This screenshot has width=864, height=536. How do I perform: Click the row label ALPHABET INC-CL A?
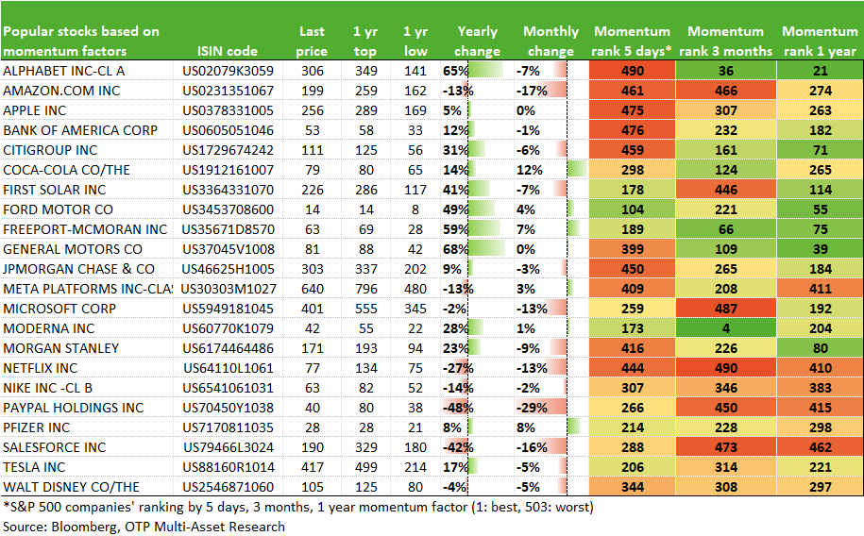click(64, 71)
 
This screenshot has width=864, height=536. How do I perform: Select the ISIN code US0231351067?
click(229, 91)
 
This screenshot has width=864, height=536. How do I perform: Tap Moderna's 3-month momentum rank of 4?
click(726, 329)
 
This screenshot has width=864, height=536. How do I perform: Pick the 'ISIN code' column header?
click(227, 51)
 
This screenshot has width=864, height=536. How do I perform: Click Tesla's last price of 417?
click(313, 468)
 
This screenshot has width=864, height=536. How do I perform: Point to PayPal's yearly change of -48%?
click(458, 409)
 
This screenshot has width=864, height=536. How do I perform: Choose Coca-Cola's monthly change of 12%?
click(530, 170)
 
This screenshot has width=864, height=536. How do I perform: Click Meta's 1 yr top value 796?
click(365, 289)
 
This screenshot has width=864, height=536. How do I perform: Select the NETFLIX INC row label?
click(41, 369)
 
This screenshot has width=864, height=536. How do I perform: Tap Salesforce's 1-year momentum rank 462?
click(820, 448)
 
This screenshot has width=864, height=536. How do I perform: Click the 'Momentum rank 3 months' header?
click(726, 42)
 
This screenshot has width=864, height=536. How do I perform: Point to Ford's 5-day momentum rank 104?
click(632, 209)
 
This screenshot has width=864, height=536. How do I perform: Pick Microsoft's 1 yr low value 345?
click(415, 309)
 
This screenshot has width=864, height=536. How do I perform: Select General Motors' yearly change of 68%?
click(455, 249)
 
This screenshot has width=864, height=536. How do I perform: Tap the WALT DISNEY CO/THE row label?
click(71, 488)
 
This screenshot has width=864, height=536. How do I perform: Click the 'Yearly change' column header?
click(477, 42)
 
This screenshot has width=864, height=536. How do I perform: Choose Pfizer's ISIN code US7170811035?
click(229, 428)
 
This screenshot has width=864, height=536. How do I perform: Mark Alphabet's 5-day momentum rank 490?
click(632, 71)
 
